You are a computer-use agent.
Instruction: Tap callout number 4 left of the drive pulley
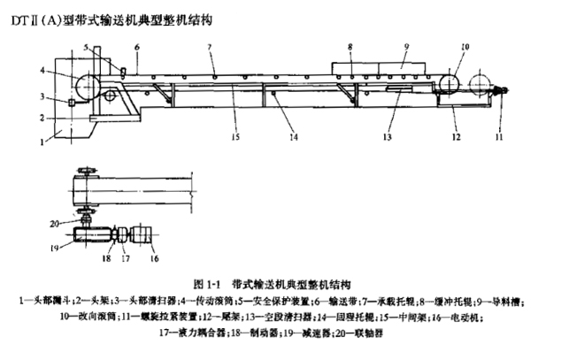[x=42, y=69]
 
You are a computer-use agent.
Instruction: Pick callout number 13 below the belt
[x=386, y=138]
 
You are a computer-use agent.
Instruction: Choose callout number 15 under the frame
[x=210, y=139]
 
